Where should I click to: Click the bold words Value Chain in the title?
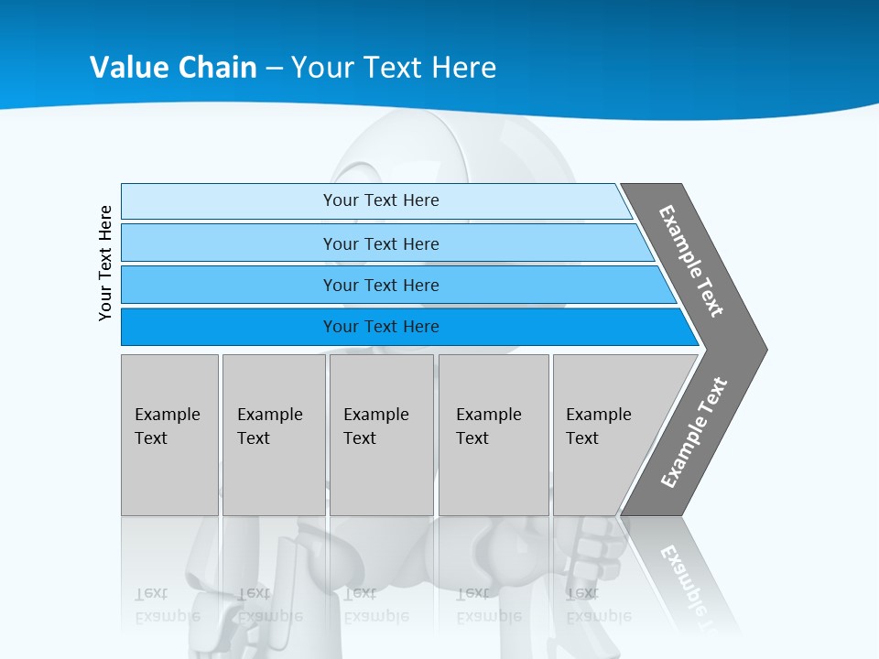click(173, 68)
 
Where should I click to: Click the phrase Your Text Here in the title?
click(394, 68)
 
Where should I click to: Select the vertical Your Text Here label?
click(105, 263)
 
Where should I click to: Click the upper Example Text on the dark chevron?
click(691, 261)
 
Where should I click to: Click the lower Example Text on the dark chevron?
click(693, 433)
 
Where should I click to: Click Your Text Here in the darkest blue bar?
click(381, 327)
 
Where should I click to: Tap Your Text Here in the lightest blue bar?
click(381, 200)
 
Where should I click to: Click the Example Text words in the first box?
click(167, 426)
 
